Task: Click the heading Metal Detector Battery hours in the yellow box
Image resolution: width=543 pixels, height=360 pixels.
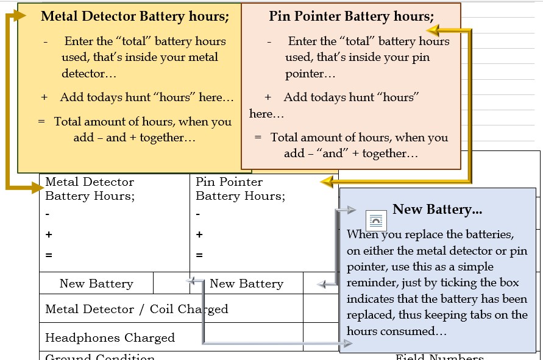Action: point(135,16)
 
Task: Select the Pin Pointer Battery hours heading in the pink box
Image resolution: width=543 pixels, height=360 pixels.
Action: point(351,16)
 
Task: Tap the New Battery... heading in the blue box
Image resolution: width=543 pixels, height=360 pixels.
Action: point(437,210)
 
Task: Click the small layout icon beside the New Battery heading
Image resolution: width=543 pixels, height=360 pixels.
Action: point(375,220)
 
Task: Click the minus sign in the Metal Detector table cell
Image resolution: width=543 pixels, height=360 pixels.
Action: point(48,214)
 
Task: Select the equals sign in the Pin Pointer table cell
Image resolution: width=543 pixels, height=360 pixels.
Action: point(199,255)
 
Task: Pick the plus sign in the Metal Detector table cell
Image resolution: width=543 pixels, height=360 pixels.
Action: point(48,235)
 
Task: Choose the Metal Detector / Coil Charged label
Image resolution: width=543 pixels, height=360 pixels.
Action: point(137,309)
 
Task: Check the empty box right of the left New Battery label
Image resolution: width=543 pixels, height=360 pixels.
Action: point(171,283)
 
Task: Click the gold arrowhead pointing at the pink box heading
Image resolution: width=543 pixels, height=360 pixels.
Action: point(432,30)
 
